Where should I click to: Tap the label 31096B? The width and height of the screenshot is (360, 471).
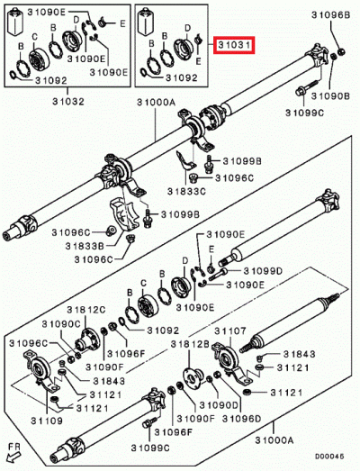(329, 15)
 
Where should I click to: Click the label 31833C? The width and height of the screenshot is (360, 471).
(190, 192)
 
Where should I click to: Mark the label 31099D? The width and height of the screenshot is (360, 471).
(259, 270)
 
